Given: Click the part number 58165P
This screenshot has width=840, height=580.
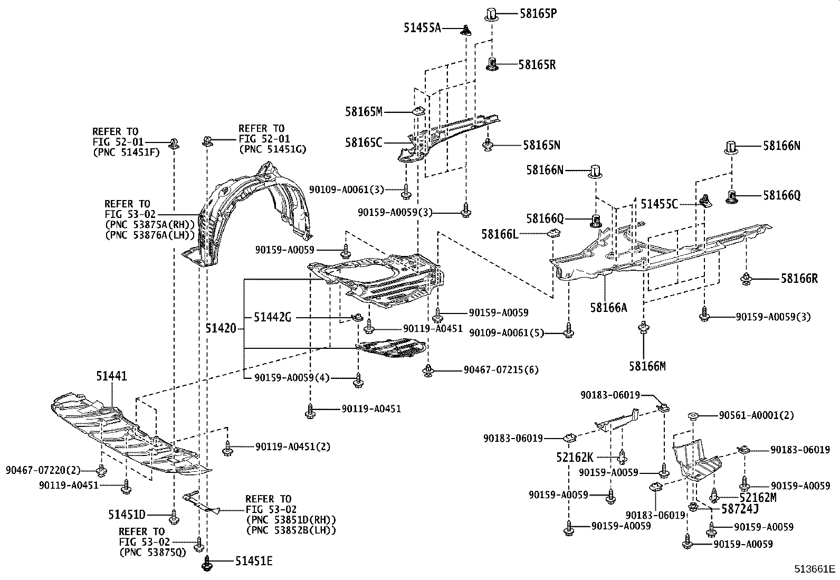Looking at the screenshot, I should tap(538, 14).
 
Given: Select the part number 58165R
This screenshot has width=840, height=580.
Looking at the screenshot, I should tap(537, 65).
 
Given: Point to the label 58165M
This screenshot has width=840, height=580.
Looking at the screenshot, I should tap(364, 111).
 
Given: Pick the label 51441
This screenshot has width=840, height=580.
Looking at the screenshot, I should tap(111, 376).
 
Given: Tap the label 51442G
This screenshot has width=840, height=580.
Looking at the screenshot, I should tap(272, 317).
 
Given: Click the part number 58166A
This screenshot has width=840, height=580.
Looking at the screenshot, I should tap(609, 307).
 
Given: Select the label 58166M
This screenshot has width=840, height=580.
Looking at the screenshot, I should tap(647, 365).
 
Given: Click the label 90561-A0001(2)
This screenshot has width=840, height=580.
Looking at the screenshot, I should tap(756, 415).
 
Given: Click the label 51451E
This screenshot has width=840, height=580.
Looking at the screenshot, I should tap(253, 561).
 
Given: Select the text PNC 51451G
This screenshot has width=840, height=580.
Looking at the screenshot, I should tap(272, 149).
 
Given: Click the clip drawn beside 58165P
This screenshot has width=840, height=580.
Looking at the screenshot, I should tap(491, 14).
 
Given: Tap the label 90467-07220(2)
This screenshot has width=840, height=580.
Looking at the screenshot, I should tap(44, 469).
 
